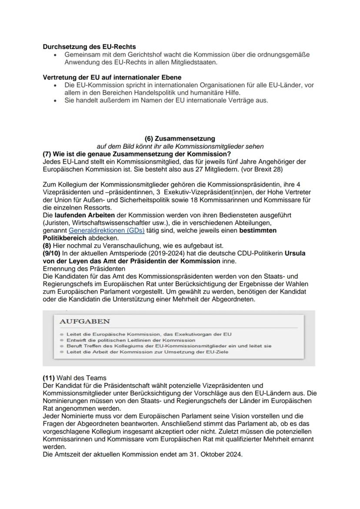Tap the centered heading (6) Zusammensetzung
click(x=180, y=139)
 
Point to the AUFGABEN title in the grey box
click(x=84, y=321)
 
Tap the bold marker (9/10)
click(x=53, y=253)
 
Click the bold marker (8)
click(x=47, y=246)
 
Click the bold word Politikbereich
click(x=65, y=238)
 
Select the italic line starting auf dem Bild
click(x=180, y=146)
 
